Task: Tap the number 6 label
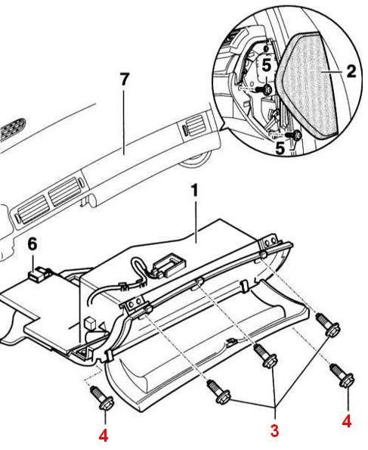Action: coord(32,244)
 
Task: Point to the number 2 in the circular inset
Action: coord(350,73)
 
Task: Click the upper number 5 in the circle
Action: coord(265,66)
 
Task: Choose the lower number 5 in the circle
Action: coord(280,148)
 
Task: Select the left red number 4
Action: coord(104,436)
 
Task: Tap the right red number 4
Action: coord(347,422)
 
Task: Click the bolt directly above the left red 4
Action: coord(101,399)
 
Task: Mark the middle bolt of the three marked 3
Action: coord(265,355)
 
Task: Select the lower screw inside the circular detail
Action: coord(295,135)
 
